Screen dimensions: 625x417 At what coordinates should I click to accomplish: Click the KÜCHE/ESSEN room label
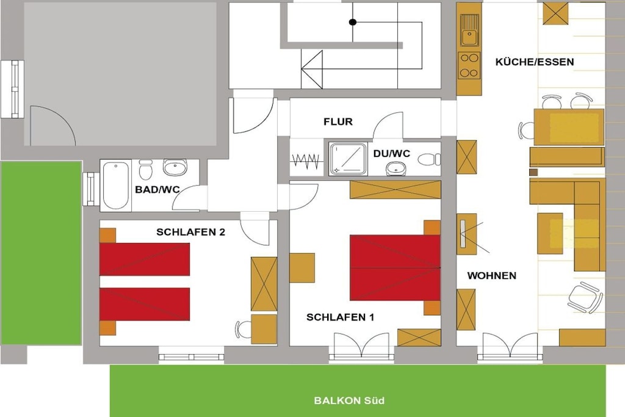[535, 62]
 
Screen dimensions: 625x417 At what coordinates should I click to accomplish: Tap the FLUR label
[338, 121]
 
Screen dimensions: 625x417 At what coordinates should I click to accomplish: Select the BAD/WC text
[157, 189]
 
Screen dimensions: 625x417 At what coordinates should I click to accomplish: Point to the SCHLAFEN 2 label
[190, 232]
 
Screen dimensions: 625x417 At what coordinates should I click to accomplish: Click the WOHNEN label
[491, 275]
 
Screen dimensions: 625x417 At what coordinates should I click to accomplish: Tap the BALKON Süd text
[349, 401]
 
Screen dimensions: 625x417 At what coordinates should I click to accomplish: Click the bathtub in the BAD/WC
[115, 186]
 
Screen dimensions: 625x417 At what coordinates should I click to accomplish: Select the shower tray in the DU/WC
[348, 159]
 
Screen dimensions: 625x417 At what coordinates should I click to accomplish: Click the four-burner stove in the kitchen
[469, 65]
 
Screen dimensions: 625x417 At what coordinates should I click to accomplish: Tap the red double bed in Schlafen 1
[395, 267]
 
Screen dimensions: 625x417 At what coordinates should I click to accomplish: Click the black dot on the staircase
[353, 22]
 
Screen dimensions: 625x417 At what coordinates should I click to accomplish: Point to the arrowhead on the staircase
[312, 70]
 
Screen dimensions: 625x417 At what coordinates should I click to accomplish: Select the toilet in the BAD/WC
[145, 170]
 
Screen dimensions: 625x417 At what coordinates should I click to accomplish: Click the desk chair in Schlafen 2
[243, 329]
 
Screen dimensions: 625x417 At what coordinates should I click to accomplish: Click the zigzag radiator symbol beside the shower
[306, 160]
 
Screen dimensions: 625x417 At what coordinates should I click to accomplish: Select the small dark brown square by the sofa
[533, 172]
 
